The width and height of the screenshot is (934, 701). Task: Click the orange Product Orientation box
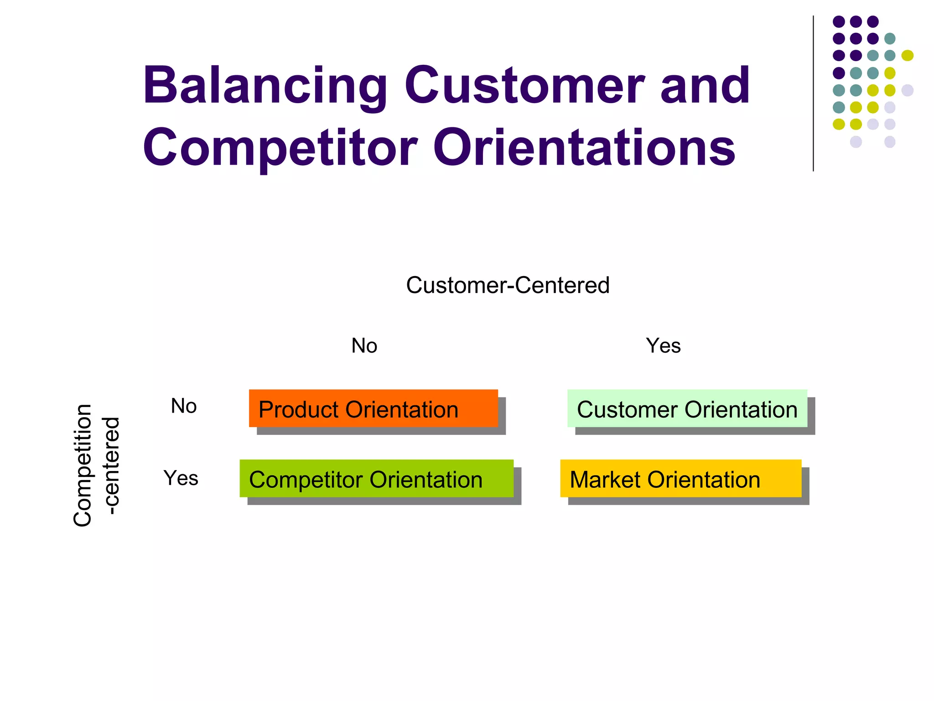pos(373,408)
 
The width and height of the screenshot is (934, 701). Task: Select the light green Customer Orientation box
pos(687,408)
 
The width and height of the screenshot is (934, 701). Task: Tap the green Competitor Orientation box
pos(376,478)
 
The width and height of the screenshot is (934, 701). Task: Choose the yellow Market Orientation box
pos(680,478)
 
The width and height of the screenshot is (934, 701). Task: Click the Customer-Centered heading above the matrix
pos(508,285)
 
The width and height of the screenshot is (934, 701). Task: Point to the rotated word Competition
pos(83,465)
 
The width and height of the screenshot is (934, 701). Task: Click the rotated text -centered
pos(111,465)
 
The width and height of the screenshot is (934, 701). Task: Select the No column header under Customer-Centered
pos(364,345)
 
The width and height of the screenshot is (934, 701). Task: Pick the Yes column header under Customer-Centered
pos(663,345)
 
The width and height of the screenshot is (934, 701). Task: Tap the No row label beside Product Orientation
pos(183,406)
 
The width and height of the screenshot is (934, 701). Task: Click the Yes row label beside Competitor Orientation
pos(181,478)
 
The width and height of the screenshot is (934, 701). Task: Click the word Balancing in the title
pos(265,86)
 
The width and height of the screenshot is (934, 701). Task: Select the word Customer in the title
pos(524,86)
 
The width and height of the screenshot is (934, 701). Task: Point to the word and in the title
pos(705,86)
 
